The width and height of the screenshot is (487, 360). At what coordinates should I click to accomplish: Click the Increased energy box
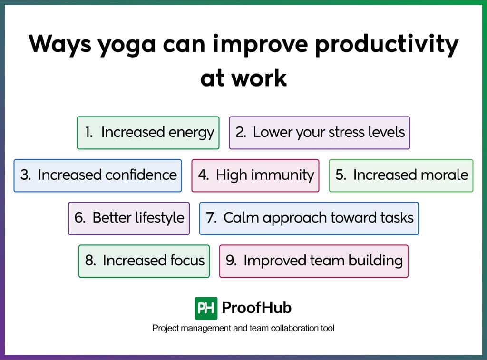click(148, 133)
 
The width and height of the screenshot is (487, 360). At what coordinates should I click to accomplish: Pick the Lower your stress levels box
click(319, 133)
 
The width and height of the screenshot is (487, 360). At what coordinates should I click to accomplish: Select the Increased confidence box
click(97, 175)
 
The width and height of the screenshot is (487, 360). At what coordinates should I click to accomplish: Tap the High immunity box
click(255, 175)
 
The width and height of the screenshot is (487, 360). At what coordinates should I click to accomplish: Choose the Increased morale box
click(401, 175)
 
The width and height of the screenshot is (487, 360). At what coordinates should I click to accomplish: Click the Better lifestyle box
click(128, 218)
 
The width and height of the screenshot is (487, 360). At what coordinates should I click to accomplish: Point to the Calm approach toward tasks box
click(309, 218)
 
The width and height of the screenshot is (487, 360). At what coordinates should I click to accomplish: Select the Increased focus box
click(144, 261)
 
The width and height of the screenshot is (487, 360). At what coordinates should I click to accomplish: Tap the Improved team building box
click(313, 261)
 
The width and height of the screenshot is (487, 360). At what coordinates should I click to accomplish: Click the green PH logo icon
click(206, 308)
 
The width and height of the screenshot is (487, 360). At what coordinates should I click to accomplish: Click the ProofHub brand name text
click(256, 308)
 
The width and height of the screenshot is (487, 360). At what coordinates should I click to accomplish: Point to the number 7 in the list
click(211, 218)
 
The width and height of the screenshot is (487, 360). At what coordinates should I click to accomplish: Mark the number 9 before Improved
click(230, 261)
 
